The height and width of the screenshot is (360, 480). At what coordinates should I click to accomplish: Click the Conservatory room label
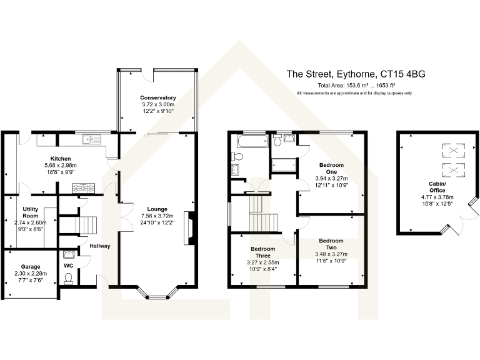[158, 97]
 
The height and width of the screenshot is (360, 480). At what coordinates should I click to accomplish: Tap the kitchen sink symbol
[91, 139]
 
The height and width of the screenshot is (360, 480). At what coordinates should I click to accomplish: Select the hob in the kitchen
[83, 188]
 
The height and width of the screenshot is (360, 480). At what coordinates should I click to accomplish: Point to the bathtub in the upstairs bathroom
[252, 141]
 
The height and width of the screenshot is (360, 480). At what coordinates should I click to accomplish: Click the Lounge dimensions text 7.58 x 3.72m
[157, 216]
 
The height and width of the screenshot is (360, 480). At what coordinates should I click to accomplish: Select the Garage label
[31, 267]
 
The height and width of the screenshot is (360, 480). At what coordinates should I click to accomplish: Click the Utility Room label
[30, 212]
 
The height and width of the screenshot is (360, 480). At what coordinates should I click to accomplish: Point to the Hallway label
[100, 246]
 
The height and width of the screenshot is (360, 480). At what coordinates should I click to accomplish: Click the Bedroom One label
[331, 168]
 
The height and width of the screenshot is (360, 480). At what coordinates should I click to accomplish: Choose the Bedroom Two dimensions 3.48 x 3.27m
[331, 254]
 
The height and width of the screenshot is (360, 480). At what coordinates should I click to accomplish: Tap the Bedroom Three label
[263, 252]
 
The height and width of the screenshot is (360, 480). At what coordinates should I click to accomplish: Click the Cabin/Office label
[437, 187]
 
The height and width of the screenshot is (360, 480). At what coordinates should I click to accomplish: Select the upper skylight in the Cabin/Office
[454, 150]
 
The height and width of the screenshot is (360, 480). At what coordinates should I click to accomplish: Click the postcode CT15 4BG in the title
[402, 74]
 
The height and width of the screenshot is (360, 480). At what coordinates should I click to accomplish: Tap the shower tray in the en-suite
[284, 165]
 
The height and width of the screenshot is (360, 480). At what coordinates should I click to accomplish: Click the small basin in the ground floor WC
[68, 254]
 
